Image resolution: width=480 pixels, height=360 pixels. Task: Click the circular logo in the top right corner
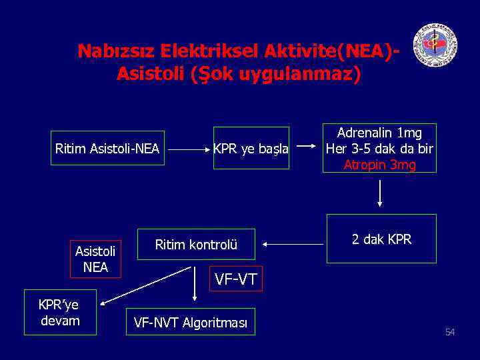(x=435, y=45)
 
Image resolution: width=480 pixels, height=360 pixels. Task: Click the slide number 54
(x=450, y=332)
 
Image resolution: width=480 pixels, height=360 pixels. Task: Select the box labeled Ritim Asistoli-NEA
(x=107, y=148)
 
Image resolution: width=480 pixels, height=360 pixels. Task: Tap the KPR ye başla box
(x=251, y=148)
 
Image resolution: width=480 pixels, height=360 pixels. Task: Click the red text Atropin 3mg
(x=379, y=165)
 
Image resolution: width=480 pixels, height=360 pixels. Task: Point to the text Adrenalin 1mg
(x=379, y=134)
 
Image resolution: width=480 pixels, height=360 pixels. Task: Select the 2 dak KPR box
(x=381, y=239)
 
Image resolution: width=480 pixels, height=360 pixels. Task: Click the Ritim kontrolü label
(x=196, y=245)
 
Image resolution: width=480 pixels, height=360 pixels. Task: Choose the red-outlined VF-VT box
(x=235, y=279)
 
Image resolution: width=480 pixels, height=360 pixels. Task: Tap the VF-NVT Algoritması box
(x=191, y=323)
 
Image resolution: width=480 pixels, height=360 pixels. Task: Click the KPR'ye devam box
(x=59, y=313)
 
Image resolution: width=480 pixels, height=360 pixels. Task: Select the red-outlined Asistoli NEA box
(x=95, y=259)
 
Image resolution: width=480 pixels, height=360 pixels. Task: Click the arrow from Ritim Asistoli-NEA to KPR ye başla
(x=188, y=150)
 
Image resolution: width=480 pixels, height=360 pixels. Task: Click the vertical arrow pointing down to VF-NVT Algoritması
(x=194, y=284)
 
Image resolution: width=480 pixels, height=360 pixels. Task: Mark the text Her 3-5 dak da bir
(x=379, y=149)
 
